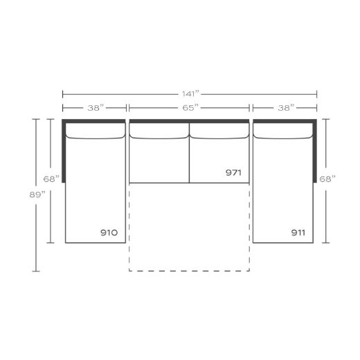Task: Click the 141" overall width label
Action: (190, 93)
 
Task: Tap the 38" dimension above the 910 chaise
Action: (96, 108)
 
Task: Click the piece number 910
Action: (109, 233)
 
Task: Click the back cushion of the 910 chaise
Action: (96, 132)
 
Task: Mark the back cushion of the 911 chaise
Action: (283, 132)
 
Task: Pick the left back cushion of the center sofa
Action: (159, 132)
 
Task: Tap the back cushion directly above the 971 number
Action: (219, 132)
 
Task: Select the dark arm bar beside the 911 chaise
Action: (316, 149)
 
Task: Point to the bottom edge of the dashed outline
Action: (190, 270)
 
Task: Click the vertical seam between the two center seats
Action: (190, 159)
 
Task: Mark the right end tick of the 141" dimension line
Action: (317, 93)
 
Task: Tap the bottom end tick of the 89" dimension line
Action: (36, 270)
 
